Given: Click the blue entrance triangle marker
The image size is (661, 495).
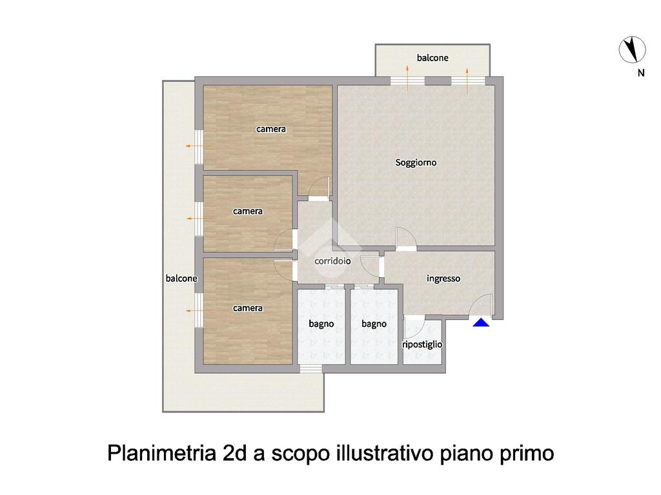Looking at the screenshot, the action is pyautogui.click(x=481, y=322).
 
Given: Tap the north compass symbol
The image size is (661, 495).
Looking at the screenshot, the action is pyautogui.click(x=632, y=50).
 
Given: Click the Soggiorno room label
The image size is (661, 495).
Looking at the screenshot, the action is pyautogui.click(x=416, y=162).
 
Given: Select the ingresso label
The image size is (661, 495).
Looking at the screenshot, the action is pyautogui.click(x=443, y=278).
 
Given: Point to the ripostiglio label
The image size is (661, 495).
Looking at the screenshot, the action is pyautogui.click(x=422, y=344).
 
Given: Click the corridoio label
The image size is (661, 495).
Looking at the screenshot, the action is pyautogui.click(x=332, y=261).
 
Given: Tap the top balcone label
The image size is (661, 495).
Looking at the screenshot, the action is pyautogui.click(x=432, y=57).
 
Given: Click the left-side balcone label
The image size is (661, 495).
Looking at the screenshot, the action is pyautogui.click(x=181, y=278).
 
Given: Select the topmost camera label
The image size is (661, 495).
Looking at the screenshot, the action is pyautogui.click(x=271, y=129).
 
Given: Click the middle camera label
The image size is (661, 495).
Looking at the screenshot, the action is pyautogui.click(x=248, y=211).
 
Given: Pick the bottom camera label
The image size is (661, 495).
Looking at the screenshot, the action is pyautogui.click(x=248, y=308).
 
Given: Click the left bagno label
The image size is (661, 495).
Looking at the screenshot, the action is pyautogui.click(x=321, y=324).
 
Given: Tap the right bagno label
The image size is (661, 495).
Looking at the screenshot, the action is pyautogui.click(x=374, y=324).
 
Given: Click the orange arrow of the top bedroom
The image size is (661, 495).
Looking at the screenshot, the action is pyautogui.click(x=198, y=146).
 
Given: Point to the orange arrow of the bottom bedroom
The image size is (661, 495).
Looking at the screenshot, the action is pyautogui.click(x=198, y=311).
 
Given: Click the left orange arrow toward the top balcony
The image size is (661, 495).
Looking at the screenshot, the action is pyautogui.click(x=408, y=78).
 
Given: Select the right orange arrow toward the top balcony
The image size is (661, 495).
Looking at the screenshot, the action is pyautogui.click(x=467, y=80).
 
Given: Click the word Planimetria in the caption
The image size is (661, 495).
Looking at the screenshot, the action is pyautogui.click(x=161, y=454).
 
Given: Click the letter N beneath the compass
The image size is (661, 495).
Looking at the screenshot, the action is pyautogui.click(x=641, y=73).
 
